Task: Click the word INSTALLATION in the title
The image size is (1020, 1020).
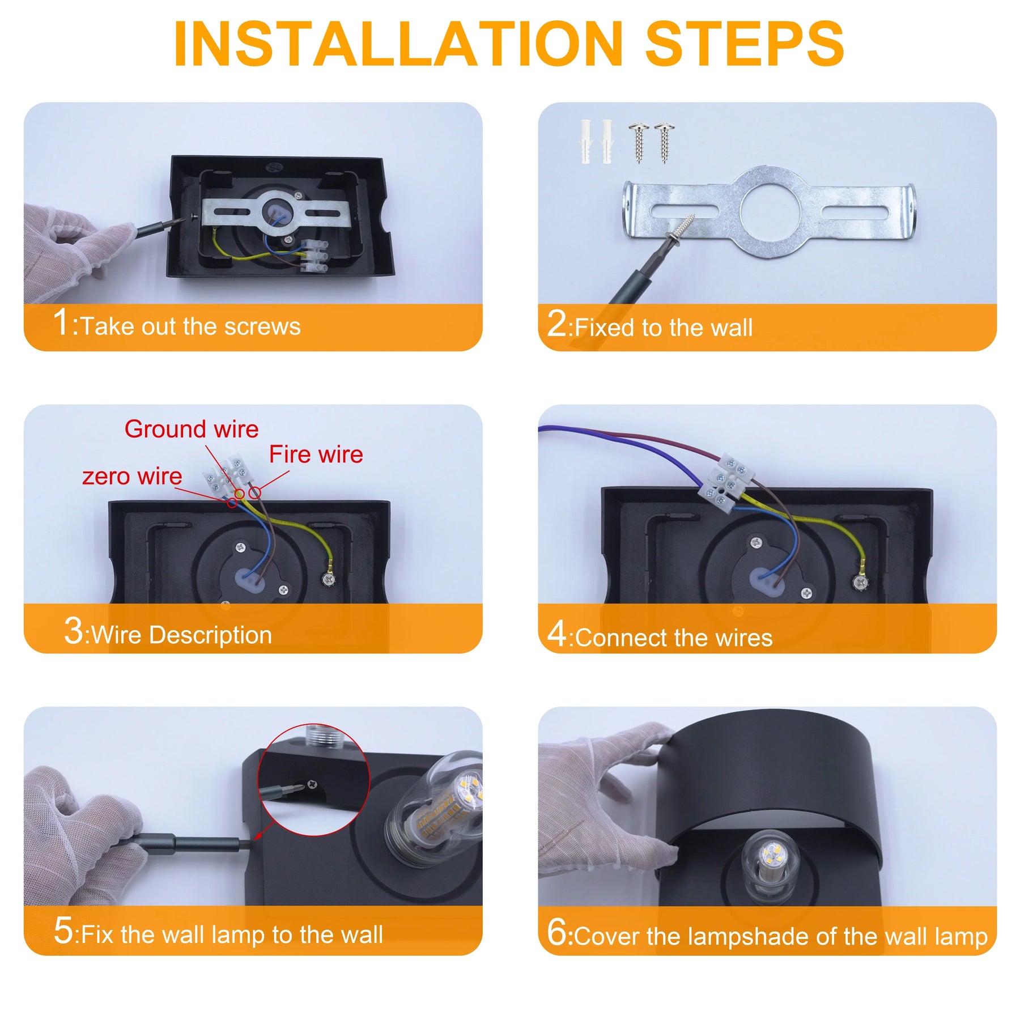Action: click(398, 44)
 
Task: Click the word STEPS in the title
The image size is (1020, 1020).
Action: click(744, 44)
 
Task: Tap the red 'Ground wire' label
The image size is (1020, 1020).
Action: click(192, 429)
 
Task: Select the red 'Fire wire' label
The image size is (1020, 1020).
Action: click(316, 454)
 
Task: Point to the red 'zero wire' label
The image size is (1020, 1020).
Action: click(132, 476)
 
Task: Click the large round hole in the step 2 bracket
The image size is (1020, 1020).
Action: click(770, 210)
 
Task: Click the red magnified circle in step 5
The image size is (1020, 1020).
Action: click(313, 780)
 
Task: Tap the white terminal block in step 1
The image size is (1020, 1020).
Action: click(314, 256)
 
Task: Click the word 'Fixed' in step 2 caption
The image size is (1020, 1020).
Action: click(604, 328)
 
